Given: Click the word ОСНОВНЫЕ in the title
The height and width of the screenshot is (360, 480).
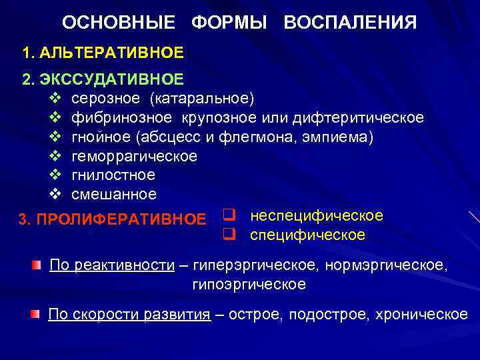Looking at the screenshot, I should tap(119, 23).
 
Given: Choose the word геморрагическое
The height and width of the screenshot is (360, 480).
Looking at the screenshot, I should tap(134, 156).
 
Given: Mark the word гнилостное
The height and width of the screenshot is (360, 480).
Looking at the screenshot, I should tap(113, 175).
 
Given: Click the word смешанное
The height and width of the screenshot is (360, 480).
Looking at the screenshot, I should tap(114, 195).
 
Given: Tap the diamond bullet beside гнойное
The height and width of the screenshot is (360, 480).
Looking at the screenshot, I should tap(55, 137).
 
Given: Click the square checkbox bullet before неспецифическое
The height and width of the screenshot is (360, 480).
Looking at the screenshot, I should tap(227, 216).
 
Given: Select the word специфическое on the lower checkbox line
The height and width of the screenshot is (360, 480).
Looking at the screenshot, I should tap(307, 235).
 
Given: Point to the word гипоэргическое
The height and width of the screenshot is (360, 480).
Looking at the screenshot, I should tap(249, 285).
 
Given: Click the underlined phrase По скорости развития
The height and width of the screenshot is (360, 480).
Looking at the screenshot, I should tap(129, 315).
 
